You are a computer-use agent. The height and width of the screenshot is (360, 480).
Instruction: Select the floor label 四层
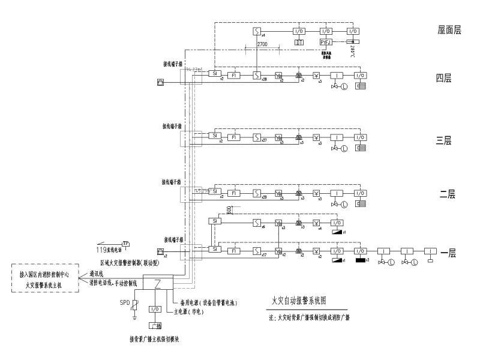[x=444, y=77]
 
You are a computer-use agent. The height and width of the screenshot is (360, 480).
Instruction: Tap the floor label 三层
[x=444, y=140]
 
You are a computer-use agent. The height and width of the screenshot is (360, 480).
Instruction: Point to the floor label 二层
[x=448, y=194]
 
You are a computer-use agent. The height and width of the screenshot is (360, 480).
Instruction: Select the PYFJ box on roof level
[x=326, y=42]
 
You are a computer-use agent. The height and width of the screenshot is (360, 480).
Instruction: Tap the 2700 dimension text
[x=262, y=46]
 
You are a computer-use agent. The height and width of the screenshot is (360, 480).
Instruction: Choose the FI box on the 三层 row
[x=235, y=137]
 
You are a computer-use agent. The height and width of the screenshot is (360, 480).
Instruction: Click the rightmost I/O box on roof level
[x=353, y=31]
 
